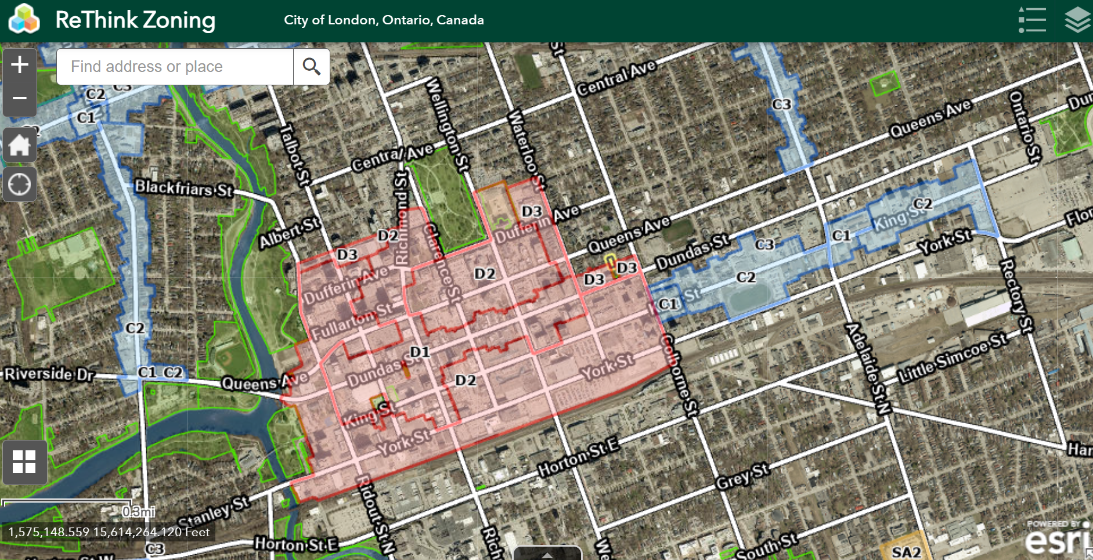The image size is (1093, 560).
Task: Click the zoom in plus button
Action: click(x=20, y=64)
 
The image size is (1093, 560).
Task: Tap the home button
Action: click(x=20, y=144)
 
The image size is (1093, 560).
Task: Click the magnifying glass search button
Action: click(x=312, y=67)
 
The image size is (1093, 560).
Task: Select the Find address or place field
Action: click(x=175, y=67)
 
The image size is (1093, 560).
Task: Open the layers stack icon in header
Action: click(x=1077, y=20)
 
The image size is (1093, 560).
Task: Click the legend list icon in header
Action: click(x=1032, y=20)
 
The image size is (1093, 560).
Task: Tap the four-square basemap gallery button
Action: click(x=24, y=462)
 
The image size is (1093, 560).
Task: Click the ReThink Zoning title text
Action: click(x=135, y=20)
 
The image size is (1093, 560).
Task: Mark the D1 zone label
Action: click(x=420, y=352)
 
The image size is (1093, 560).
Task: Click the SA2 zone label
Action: click(x=906, y=552)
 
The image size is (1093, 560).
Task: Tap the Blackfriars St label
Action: click(x=183, y=188)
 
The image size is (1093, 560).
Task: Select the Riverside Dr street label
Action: click(x=49, y=374)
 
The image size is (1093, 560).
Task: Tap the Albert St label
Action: click(x=289, y=233)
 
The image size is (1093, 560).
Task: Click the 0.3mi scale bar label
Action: click(x=138, y=511)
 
